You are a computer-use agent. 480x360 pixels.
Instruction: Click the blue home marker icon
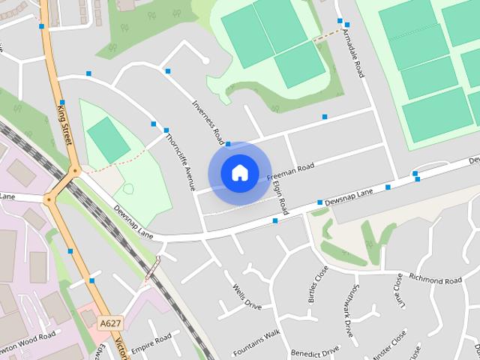(x=239, y=172)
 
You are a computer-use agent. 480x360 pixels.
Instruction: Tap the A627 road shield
(x=109, y=322)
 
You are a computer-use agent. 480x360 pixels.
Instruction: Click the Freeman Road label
(x=289, y=172)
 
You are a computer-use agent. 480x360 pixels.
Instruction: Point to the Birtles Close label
(x=313, y=284)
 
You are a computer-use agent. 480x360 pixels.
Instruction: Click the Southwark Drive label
(x=352, y=293)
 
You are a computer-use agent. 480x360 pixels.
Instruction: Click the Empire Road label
(x=151, y=343)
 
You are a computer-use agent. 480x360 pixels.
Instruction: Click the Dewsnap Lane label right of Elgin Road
(x=349, y=197)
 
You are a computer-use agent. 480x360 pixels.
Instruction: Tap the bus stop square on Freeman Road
(x=325, y=116)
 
